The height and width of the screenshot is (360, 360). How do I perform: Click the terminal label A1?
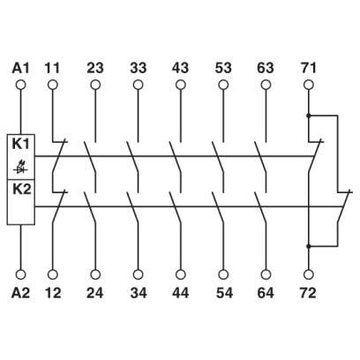[x=20, y=68]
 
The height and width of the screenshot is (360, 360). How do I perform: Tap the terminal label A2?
[x=20, y=293]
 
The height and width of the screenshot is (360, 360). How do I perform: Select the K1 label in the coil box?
[x=21, y=145]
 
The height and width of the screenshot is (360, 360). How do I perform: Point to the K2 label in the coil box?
[x=21, y=190]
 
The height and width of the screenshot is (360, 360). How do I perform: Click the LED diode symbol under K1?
[x=21, y=169]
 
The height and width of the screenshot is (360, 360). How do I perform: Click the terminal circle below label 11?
[x=53, y=85]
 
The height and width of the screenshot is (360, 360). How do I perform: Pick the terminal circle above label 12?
[x=53, y=274]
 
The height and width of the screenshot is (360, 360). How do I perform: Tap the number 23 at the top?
[x=95, y=68]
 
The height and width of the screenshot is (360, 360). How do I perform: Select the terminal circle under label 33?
[x=138, y=85]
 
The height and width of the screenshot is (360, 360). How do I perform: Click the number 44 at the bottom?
[x=180, y=293]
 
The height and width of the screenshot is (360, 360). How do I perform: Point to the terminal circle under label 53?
[x=223, y=85]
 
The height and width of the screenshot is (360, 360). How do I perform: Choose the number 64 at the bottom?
[x=266, y=293]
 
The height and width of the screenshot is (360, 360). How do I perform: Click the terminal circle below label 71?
[x=309, y=85]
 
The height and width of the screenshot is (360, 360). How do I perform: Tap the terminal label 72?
[x=308, y=293]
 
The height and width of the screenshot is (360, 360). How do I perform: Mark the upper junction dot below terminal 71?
[x=309, y=116]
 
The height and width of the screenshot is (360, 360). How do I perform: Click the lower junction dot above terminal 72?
[x=309, y=246]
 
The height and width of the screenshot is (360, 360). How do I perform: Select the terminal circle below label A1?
[x=20, y=85]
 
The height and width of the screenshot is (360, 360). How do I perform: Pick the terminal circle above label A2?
[x=20, y=274]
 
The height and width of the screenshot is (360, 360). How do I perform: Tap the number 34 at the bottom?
[x=138, y=293]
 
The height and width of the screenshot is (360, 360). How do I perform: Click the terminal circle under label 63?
[x=266, y=85]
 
